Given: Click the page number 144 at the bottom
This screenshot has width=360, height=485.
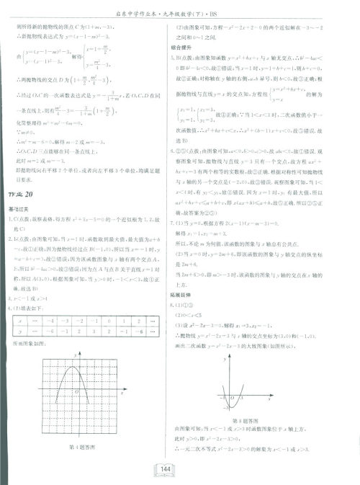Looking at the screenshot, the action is pos(165,469).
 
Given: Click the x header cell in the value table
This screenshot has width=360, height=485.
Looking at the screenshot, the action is pos(23,319).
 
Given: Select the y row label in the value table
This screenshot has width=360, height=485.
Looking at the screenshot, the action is pos(23,330).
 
